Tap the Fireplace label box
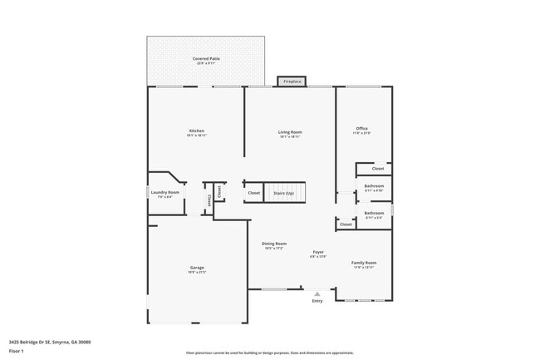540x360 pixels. (x=292, y=81)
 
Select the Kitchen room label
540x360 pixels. (x=197, y=132)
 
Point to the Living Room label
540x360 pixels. (x=290, y=133)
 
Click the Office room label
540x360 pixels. (x=361, y=130)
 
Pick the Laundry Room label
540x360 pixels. (x=164, y=194)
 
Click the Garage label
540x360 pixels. (x=197, y=269)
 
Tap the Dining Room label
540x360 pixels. (x=274, y=245)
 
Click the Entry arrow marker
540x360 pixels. (x=317, y=295)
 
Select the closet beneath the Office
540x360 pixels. (x=377, y=169)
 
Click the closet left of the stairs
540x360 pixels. (x=253, y=193)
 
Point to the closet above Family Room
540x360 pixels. (x=346, y=224)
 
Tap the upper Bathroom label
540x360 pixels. (x=374, y=188)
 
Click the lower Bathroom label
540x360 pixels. (x=374, y=215)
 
